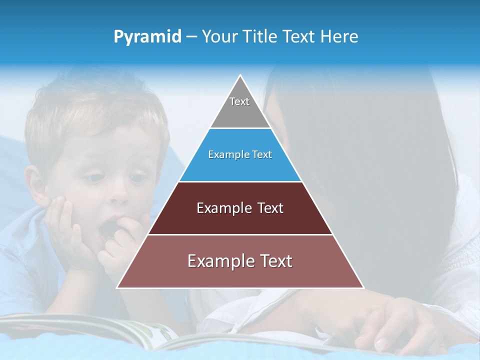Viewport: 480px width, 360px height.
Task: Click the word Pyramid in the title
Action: click(x=147, y=37)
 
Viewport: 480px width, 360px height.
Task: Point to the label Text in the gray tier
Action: click(x=239, y=101)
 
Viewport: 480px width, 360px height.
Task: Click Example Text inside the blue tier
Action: click(x=240, y=154)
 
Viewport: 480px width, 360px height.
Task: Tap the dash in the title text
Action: click(x=191, y=37)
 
